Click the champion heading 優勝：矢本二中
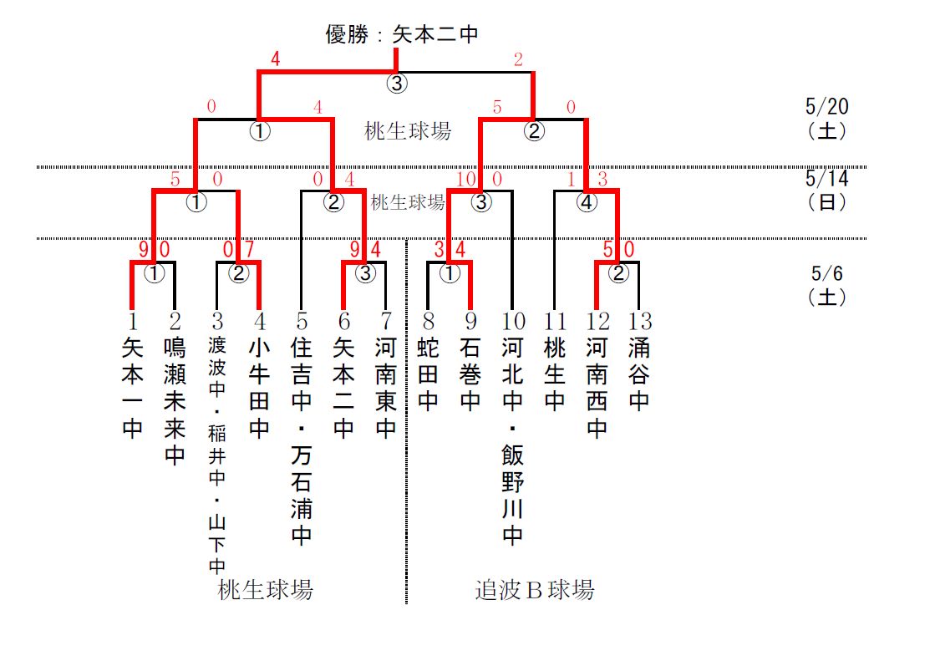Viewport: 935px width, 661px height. tap(401, 34)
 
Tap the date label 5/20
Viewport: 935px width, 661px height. tap(826, 107)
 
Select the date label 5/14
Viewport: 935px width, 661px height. tap(826, 179)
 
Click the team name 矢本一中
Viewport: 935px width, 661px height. tap(132, 388)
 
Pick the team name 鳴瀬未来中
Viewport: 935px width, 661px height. tap(175, 402)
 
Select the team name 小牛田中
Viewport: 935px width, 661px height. tap(260, 388)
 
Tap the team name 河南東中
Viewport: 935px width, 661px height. tap(385, 388)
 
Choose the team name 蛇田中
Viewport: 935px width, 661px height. tap(428, 374)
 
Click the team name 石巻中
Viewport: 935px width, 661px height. tap(470, 374)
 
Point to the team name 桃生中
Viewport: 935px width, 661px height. tap(555, 374)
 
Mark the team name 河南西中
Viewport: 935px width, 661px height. tap(597, 388)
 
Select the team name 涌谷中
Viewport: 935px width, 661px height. tap(639, 374)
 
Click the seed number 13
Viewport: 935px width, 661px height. tap(639, 322)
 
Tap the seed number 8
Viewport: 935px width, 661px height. tap(428, 322)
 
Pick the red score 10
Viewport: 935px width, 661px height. tap(465, 179)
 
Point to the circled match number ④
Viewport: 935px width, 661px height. tap(587, 202)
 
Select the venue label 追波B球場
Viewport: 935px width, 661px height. tap(535, 590)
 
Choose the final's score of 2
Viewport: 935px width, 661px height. tap(518, 59)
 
